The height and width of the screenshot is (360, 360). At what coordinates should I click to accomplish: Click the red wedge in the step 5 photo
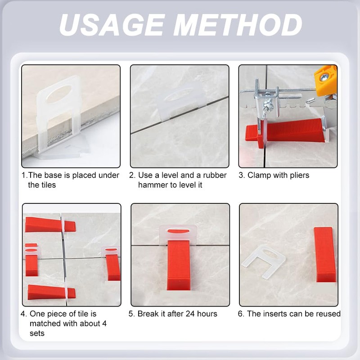pyautogui.click(x=179, y=265)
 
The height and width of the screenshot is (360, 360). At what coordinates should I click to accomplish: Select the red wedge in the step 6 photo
pyautogui.click(x=324, y=254)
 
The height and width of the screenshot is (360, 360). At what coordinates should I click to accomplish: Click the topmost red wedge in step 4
pyautogui.click(x=45, y=224)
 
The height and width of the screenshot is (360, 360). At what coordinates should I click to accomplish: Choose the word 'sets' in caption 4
pyautogui.click(x=37, y=333)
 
